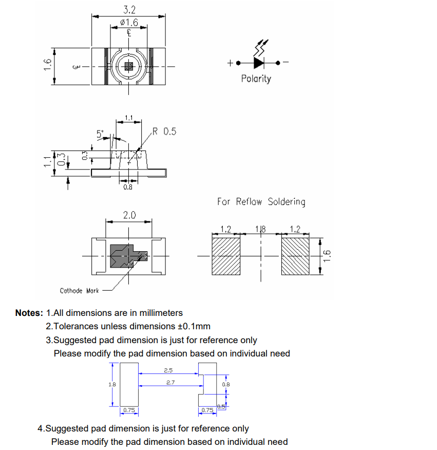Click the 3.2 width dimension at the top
click(x=128, y=10)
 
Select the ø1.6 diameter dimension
click(x=128, y=22)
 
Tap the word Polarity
click(x=256, y=79)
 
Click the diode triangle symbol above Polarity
click(x=259, y=63)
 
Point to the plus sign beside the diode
click(x=231, y=63)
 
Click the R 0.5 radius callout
click(x=164, y=132)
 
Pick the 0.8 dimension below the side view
click(x=128, y=188)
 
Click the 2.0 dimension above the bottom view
click(x=129, y=215)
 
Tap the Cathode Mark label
click(x=79, y=291)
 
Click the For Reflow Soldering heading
click(x=261, y=202)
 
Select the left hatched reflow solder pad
click(x=226, y=255)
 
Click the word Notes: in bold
click(x=29, y=313)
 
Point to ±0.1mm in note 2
click(x=194, y=326)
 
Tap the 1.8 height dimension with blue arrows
click(x=112, y=384)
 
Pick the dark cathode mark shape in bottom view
click(x=123, y=255)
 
